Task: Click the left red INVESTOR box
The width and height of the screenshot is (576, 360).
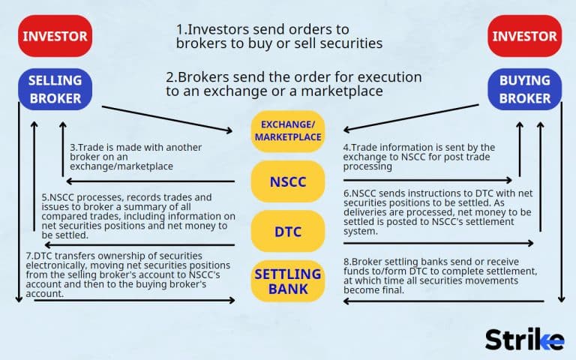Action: [55, 36]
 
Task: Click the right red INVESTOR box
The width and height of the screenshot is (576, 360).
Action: [524, 36]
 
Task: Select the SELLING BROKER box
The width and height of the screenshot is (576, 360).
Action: [55, 89]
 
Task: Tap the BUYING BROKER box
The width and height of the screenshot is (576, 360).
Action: [524, 89]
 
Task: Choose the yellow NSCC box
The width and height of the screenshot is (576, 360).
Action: [288, 181]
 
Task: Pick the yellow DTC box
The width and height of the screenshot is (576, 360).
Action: [288, 232]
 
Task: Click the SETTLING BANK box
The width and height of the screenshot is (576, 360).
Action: [288, 280]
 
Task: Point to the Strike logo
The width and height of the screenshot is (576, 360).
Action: [523, 338]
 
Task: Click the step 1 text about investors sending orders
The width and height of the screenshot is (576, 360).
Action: [279, 36]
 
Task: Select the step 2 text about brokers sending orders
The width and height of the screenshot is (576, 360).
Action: [293, 84]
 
